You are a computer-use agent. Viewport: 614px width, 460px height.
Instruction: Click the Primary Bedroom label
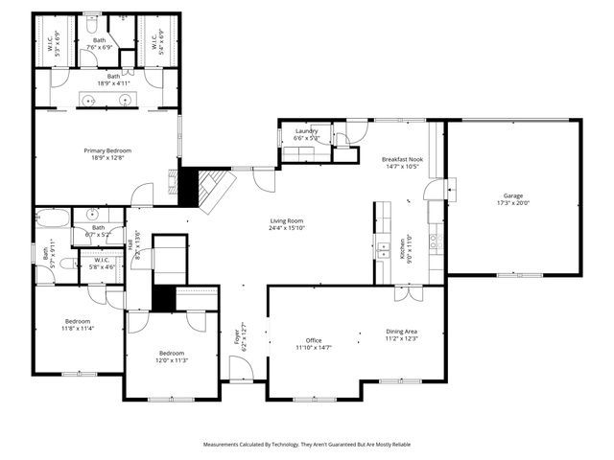[107, 154]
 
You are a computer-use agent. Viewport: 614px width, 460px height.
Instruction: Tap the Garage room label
[513, 198]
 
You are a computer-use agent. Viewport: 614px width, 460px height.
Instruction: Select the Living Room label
[286, 225]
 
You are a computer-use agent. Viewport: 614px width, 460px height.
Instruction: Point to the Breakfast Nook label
[402, 162]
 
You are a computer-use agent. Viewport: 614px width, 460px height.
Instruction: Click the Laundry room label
[306, 134]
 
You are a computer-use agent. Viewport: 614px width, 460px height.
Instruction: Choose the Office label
[313, 343]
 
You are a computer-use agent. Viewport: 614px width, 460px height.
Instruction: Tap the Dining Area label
[402, 334]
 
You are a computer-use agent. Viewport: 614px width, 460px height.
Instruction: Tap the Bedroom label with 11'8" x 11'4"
[78, 324]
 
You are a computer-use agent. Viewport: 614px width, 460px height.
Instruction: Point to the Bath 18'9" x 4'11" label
[114, 80]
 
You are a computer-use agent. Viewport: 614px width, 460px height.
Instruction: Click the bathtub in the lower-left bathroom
[53, 218]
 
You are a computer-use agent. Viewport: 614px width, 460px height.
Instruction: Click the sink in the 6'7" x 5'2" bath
[93, 215]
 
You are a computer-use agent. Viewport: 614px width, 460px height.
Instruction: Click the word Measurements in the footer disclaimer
[227, 445]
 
